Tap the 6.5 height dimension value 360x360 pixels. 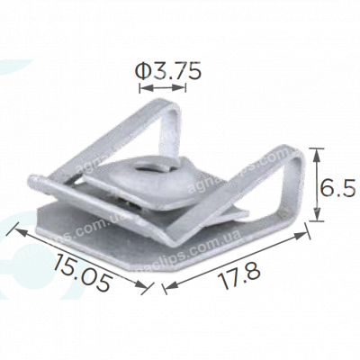click(338, 187)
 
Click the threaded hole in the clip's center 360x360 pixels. click(147, 165)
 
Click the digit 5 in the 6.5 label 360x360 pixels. click(349, 187)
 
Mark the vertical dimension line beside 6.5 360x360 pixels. click(316, 185)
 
